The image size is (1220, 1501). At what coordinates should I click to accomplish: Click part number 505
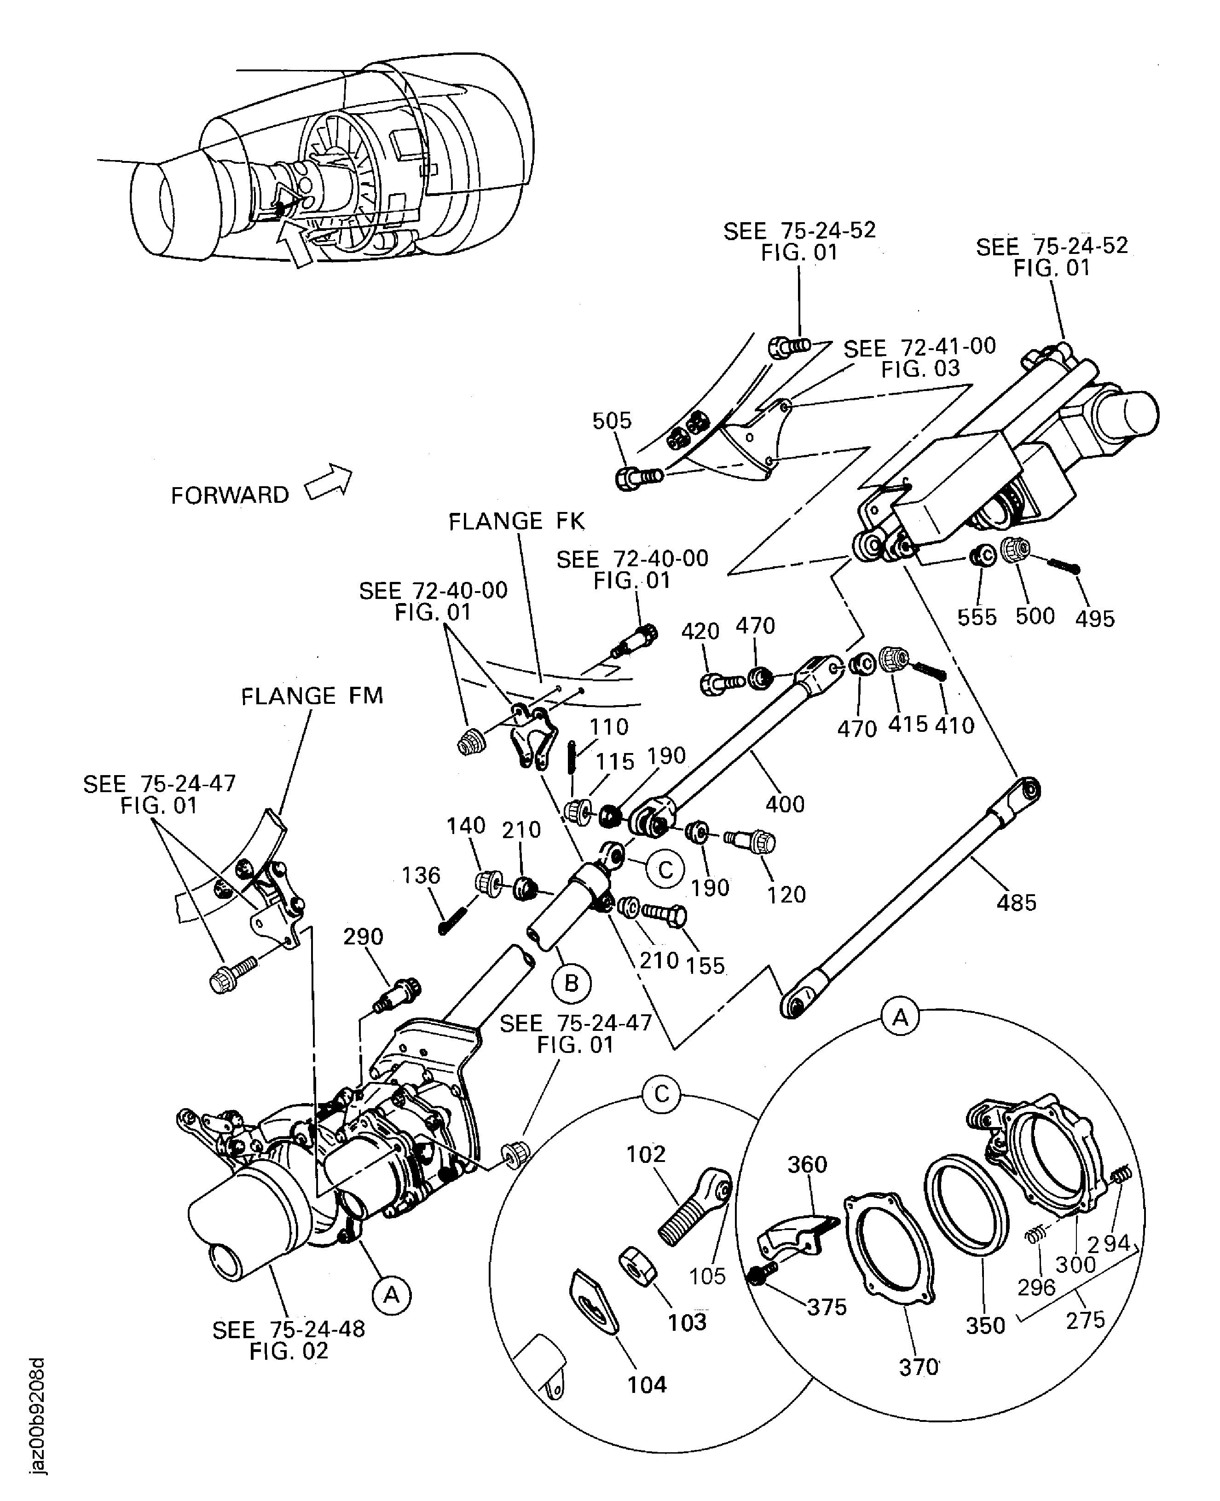[x=612, y=421]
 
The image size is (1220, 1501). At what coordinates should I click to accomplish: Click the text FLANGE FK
[x=516, y=521]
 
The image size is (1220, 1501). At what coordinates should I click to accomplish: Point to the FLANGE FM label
[x=312, y=696]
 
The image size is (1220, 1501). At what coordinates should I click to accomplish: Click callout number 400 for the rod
[x=784, y=804]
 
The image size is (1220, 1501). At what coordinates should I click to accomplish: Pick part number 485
[x=1016, y=903]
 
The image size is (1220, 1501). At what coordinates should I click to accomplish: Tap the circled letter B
[x=572, y=983]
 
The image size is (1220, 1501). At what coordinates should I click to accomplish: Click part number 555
[x=977, y=617]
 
